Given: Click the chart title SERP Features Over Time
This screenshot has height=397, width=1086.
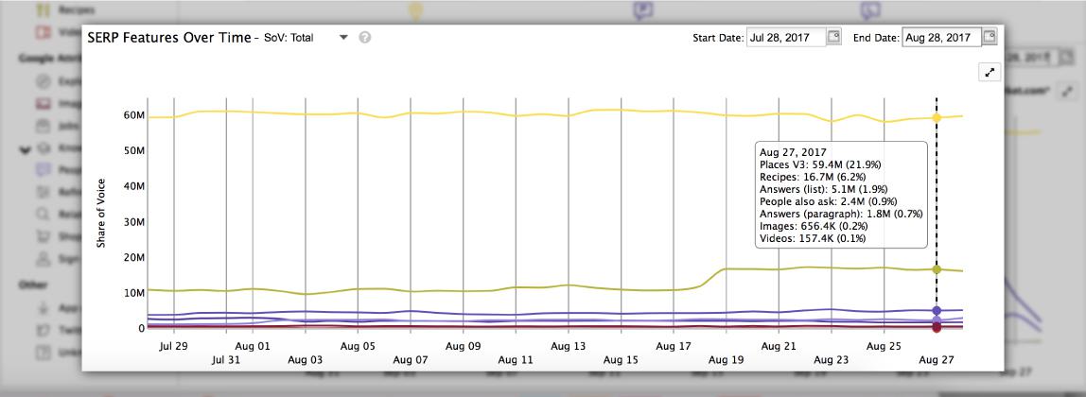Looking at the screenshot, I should click(x=168, y=38).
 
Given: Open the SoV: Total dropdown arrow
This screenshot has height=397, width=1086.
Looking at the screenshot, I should click(x=343, y=38).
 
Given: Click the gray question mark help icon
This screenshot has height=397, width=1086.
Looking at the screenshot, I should click(x=365, y=38).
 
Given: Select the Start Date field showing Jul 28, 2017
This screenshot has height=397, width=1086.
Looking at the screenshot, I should click(x=784, y=38).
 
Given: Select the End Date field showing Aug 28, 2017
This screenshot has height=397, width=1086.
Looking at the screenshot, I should click(x=940, y=38).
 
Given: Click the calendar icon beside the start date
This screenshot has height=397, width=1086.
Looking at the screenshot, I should click(x=833, y=37).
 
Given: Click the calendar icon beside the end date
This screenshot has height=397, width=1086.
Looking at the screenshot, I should click(x=989, y=37).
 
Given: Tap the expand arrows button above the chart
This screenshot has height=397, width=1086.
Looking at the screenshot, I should click(x=990, y=73).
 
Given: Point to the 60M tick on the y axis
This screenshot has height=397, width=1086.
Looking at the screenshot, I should click(x=133, y=115).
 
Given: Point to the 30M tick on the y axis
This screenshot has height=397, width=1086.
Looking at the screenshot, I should click(x=133, y=222).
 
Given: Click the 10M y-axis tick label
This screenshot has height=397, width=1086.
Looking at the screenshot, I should click(x=133, y=293).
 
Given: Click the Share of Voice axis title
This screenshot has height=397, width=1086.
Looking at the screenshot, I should click(x=101, y=214).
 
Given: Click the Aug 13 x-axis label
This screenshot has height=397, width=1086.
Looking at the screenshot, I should click(x=568, y=347).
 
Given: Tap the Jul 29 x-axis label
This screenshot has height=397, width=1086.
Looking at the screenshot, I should click(x=174, y=347).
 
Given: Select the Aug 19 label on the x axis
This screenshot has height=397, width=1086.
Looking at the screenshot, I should click(x=726, y=360).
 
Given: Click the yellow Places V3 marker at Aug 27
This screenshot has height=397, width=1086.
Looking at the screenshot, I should click(x=937, y=118).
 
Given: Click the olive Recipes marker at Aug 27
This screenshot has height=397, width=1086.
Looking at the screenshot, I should click(x=937, y=269).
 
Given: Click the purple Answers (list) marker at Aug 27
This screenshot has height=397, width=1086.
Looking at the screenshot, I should click(x=937, y=310).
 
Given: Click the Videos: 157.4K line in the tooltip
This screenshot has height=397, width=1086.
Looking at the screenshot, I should click(x=812, y=239).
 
